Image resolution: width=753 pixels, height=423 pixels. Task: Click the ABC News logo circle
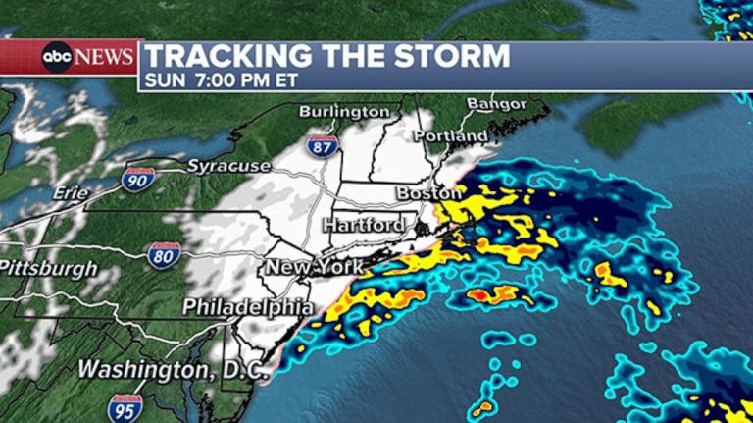[57, 57]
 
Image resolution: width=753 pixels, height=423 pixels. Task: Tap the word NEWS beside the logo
[104, 57]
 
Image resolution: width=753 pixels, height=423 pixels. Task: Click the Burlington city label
[344, 112]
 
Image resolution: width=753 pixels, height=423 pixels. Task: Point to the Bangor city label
[496, 103]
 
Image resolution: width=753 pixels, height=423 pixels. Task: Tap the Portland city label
[450, 135]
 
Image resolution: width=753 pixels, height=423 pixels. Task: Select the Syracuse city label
[228, 166]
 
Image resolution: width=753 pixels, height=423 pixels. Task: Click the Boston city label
[428, 193]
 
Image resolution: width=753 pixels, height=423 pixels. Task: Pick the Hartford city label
[364, 226]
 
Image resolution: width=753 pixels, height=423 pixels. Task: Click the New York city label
[314, 267]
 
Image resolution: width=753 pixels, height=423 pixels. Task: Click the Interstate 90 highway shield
[137, 179]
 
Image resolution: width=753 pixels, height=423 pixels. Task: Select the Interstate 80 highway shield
[164, 256]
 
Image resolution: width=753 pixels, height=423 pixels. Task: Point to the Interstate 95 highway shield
[125, 406]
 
